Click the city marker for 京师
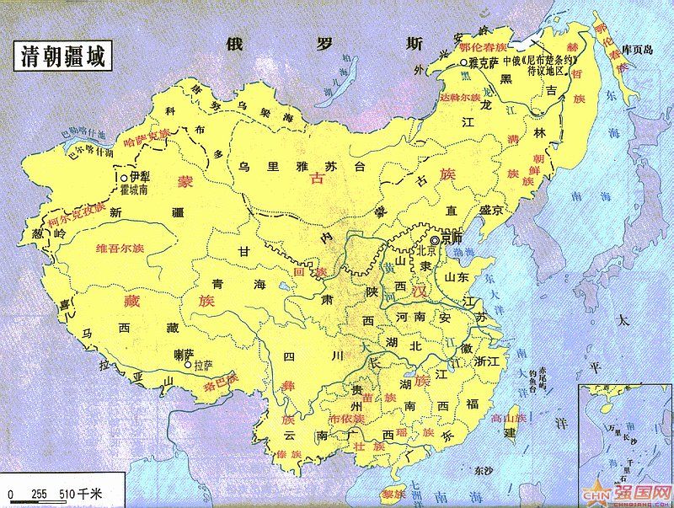(x=434, y=239)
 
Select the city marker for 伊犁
(x=124, y=178)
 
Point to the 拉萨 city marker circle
(x=188, y=366)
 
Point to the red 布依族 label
(x=347, y=418)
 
